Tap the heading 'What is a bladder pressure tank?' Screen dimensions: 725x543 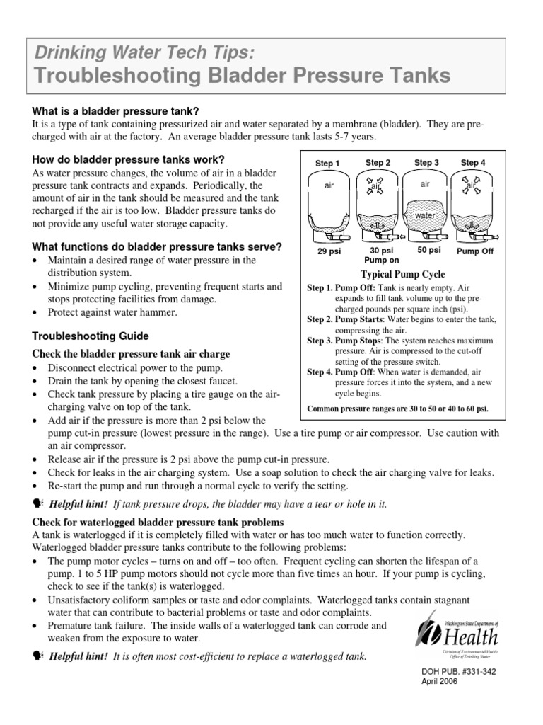[116, 111]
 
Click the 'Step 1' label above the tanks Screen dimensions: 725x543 [327, 164]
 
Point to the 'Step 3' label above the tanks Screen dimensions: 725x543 [426, 163]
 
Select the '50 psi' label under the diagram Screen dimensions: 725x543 [429, 250]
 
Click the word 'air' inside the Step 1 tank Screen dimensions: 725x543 [328, 185]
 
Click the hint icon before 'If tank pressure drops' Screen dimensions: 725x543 [38, 503]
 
